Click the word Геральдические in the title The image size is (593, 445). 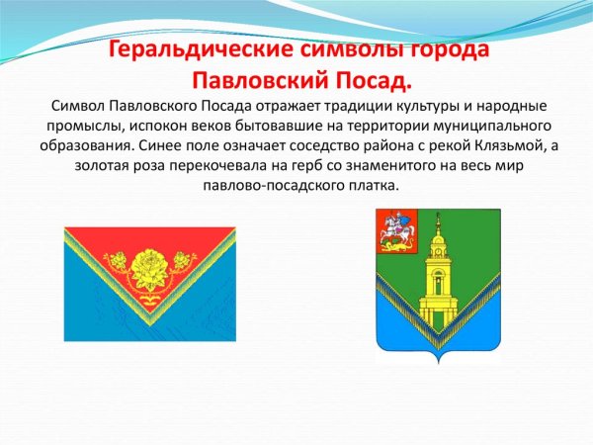coord(202,50)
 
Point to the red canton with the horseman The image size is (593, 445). coord(396,231)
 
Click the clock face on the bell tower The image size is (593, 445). coord(438,251)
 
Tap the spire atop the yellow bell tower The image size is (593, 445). coord(438,223)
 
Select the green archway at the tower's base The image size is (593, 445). coord(438,320)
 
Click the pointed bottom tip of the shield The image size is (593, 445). coord(438,363)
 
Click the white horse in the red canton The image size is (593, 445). coord(395,231)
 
